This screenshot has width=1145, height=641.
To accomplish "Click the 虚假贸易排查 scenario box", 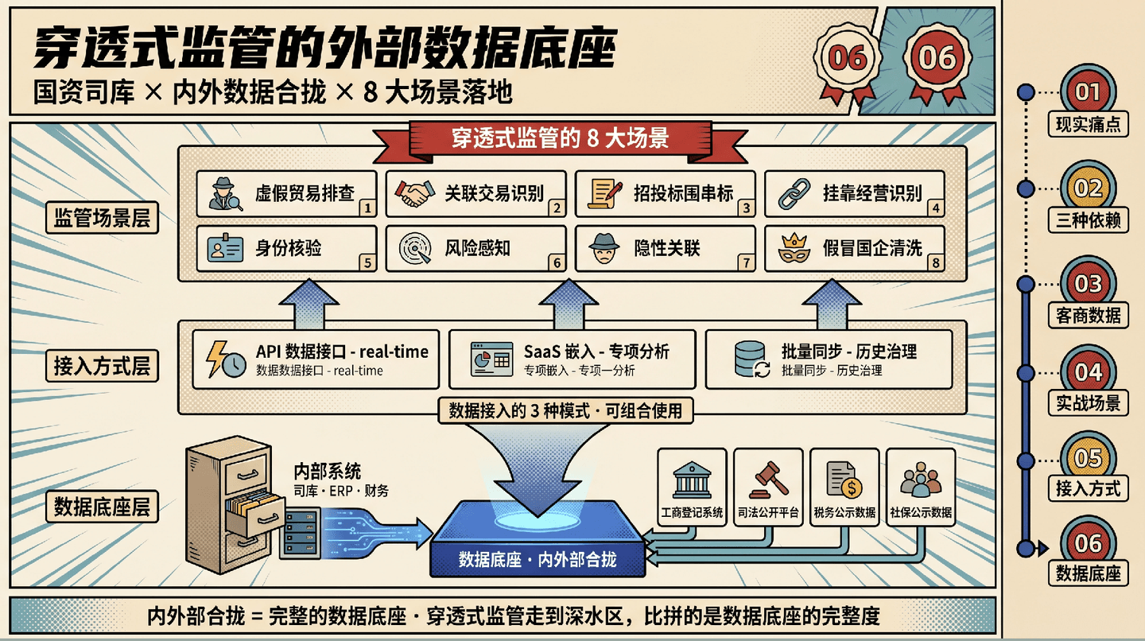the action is pyautogui.click(x=287, y=194).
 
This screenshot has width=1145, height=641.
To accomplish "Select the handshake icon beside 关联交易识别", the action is pyautogui.click(x=414, y=194).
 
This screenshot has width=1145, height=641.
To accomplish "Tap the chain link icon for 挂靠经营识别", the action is pyautogui.click(x=794, y=194).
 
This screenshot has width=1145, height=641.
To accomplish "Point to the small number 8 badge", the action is pyautogui.click(x=935, y=262).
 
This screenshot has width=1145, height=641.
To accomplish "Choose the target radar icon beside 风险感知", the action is pyautogui.click(x=415, y=248).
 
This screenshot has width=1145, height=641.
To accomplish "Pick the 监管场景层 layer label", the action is pyautogui.click(x=103, y=218).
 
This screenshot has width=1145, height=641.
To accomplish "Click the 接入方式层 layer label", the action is pyautogui.click(x=103, y=366).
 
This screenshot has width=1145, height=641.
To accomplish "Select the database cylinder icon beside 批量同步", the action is pyautogui.click(x=751, y=359).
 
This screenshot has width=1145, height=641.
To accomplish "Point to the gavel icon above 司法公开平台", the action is pyautogui.click(x=768, y=480).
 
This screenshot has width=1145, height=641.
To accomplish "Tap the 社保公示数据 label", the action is pyautogui.click(x=921, y=512).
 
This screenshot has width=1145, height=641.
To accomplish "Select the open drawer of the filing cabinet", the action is pyautogui.click(x=255, y=513).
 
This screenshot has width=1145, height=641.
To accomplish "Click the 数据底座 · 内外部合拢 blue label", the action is pyautogui.click(x=538, y=560).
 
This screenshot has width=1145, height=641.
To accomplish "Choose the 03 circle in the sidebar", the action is pyautogui.click(x=1088, y=284).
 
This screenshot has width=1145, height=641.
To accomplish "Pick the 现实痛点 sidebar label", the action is pyautogui.click(x=1088, y=124).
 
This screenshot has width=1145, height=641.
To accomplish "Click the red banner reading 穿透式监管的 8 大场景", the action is pyautogui.click(x=561, y=138).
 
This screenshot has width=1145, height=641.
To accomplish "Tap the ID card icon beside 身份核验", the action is pyautogui.click(x=226, y=248).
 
